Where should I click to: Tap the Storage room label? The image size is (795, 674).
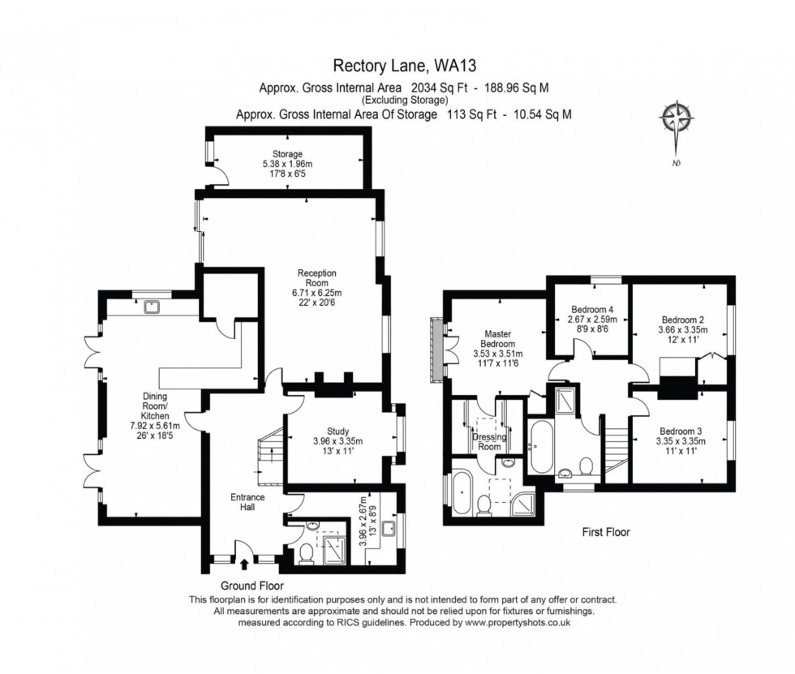coord(287,154)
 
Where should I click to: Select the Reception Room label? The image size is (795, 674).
coord(316,278)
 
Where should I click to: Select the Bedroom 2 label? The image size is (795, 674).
coord(681,320)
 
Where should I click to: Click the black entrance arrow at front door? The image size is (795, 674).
coord(245,560)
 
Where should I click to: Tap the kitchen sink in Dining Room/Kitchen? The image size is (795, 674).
coord(151,307)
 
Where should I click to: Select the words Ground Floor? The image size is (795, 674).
coord(252,585)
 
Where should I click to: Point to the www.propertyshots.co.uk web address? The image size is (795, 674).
coord(518,622)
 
